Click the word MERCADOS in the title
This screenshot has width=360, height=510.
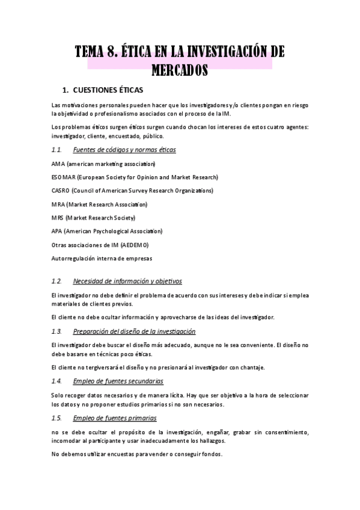180,70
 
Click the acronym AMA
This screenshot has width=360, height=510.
58,164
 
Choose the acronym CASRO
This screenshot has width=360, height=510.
61,191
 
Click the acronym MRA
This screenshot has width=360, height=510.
58,204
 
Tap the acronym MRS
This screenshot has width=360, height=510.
58,218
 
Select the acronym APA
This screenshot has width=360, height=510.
58,231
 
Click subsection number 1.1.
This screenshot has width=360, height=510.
57,150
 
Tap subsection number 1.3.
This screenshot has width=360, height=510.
57,331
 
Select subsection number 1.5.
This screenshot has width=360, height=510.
57,418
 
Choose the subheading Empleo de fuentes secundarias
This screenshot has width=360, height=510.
118,381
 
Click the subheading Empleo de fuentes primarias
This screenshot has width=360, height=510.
114,418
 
